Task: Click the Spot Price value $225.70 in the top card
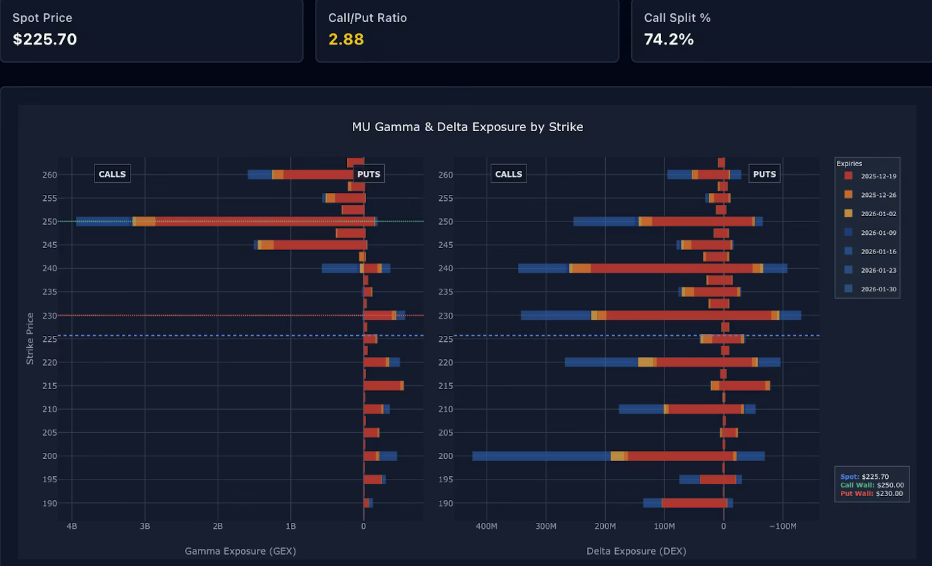(45, 39)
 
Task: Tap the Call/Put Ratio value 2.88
(346, 39)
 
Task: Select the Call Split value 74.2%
(668, 39)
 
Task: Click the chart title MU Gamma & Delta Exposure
(467, 126)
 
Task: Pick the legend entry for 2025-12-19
(869, 176)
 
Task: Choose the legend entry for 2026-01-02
(869, 213)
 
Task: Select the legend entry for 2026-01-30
(869, 289)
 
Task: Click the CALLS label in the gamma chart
(112, 174)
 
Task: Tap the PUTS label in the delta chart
(764, 174)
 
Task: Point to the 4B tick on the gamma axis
(72, 526)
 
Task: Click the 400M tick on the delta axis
(486, 526)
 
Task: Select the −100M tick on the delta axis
(783, 526)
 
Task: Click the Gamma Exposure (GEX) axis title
(240, 551)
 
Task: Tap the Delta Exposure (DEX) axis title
(636, 551)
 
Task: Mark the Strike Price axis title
(30, 338)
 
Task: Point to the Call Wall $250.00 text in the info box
(871, 485)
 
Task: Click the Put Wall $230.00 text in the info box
(871, 494)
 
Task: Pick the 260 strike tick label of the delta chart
(446, 175)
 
